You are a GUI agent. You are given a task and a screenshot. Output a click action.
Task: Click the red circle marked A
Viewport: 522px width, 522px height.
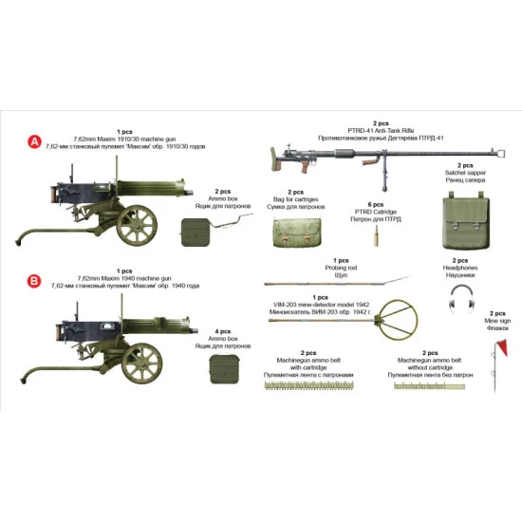coord(35,143)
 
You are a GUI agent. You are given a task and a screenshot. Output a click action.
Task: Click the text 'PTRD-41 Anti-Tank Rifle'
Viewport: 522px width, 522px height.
coord(380,130)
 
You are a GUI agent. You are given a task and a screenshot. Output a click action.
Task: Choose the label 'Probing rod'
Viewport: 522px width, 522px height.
coord(340,267)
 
